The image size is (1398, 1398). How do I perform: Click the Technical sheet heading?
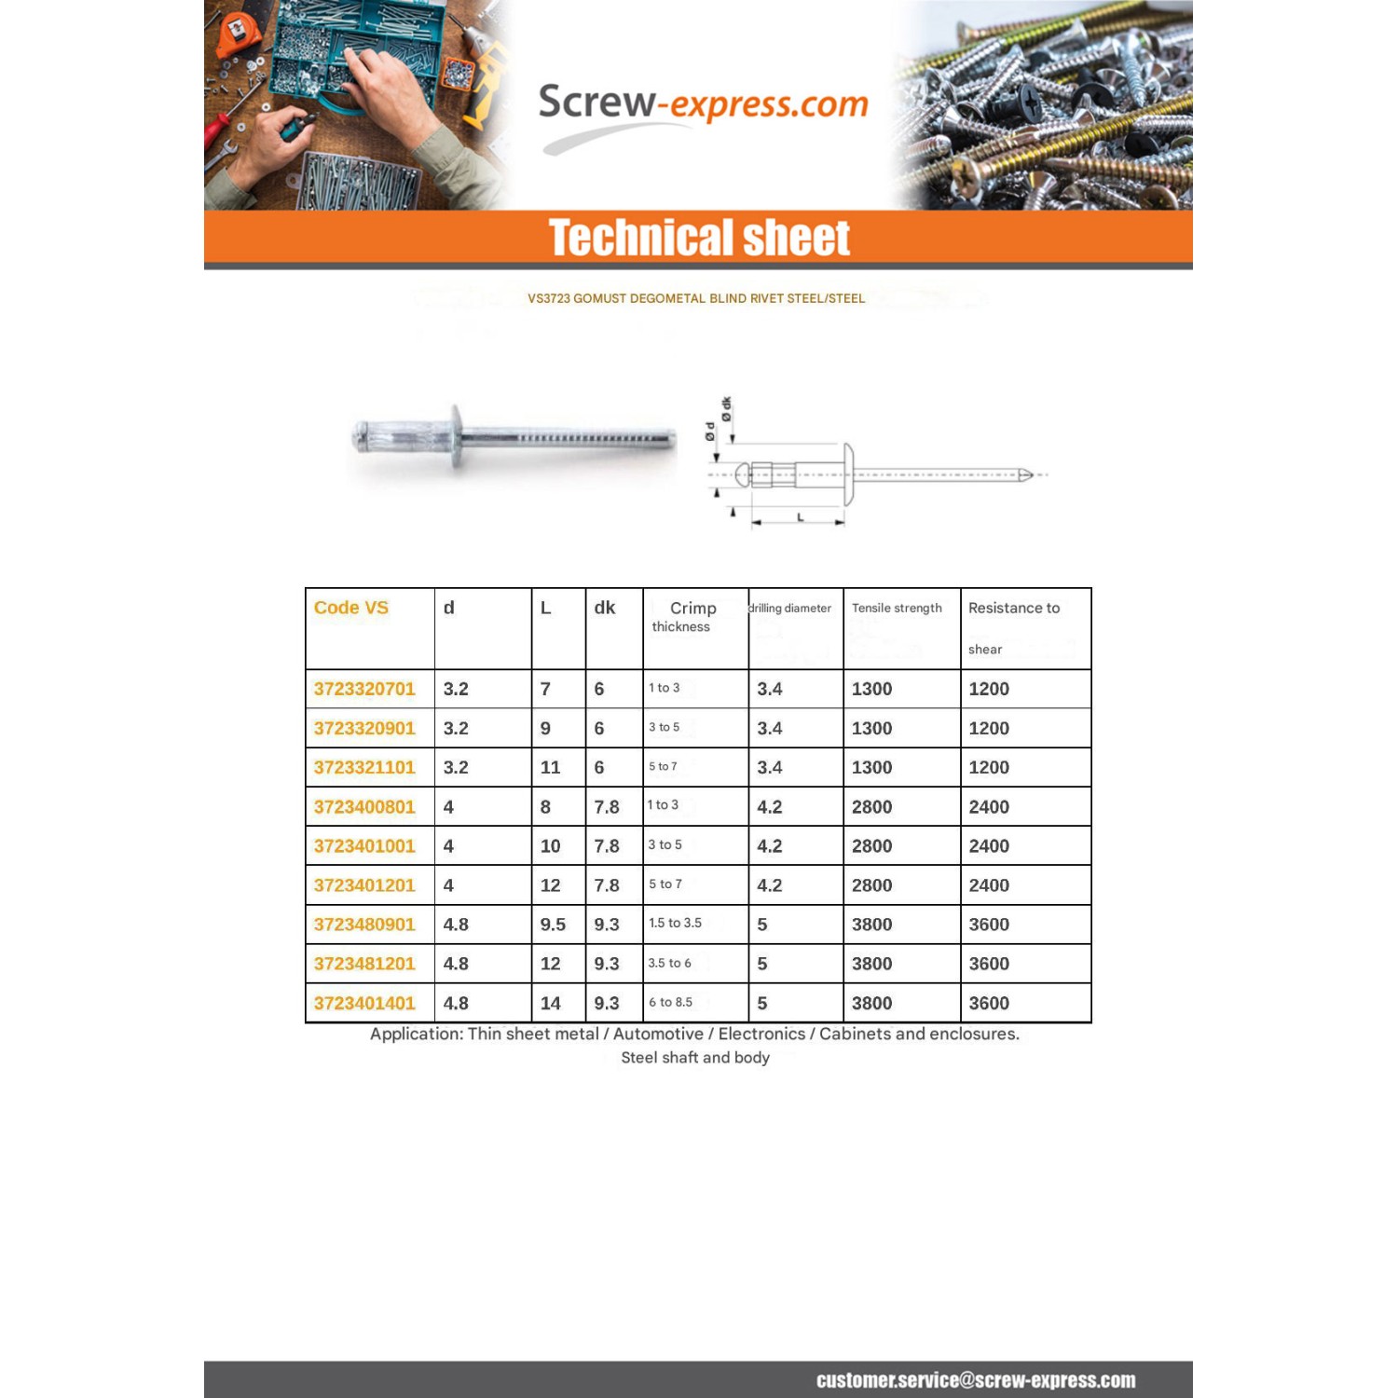click(699, 238)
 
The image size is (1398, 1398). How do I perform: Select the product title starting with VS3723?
click(696, 298)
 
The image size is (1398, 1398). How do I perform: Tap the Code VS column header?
click(351, 608)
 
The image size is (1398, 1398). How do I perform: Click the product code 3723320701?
click(364, 689)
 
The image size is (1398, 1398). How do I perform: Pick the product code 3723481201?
click(364, 964)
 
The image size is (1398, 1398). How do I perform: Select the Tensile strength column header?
click(897, 608)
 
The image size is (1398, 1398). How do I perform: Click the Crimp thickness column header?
click(691, 616)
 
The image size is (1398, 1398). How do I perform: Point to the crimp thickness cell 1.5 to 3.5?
click(675, 923)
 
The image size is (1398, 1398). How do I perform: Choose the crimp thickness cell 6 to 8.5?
click(670, 1002)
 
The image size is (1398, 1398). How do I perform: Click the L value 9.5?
click(553, 925)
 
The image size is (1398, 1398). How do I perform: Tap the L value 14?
click(551, 1003)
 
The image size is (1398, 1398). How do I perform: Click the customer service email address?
click(975, 1380)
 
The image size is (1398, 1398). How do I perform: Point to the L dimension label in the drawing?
click(800, 517)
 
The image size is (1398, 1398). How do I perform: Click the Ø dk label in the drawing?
click(726, 408)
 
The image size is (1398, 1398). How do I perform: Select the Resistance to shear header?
click(1014, 626)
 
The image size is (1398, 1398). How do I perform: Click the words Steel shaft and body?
click(695, 1058)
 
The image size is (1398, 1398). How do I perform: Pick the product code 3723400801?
click(364, 807)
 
